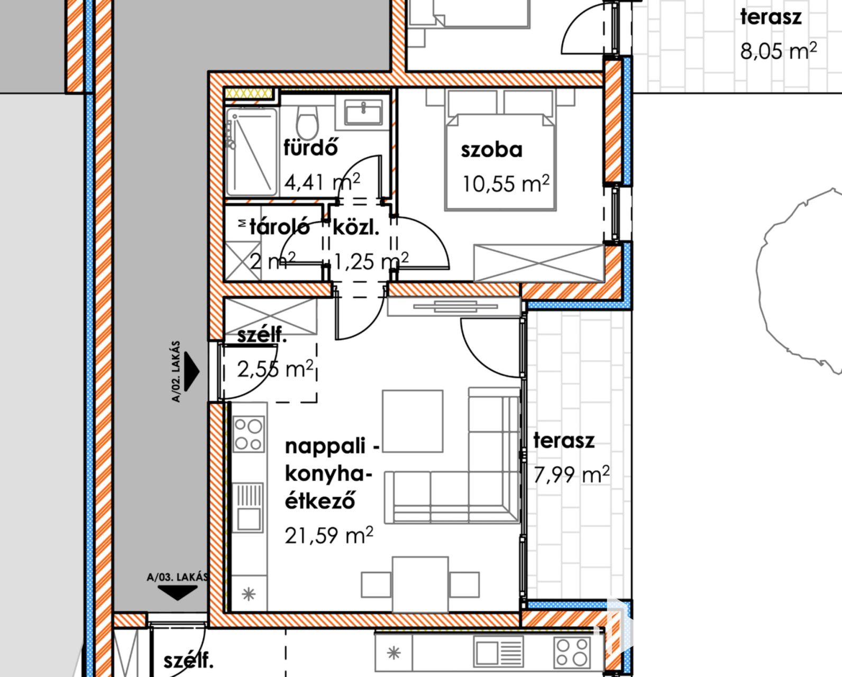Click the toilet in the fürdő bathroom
pos(307,122)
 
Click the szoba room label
pos(491,150)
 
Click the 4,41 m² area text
pos(322,181)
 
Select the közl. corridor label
pos(356,228)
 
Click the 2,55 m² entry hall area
pos(276,369)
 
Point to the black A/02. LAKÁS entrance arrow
pos(191,371)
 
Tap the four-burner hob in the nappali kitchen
pos(249,434)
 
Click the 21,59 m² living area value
pos(328,535)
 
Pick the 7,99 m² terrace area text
pos(571,474)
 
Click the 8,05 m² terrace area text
pos(778,51)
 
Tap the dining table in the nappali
pos(420,584)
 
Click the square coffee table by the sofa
pos(413,421)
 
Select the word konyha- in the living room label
pos(328,474)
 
